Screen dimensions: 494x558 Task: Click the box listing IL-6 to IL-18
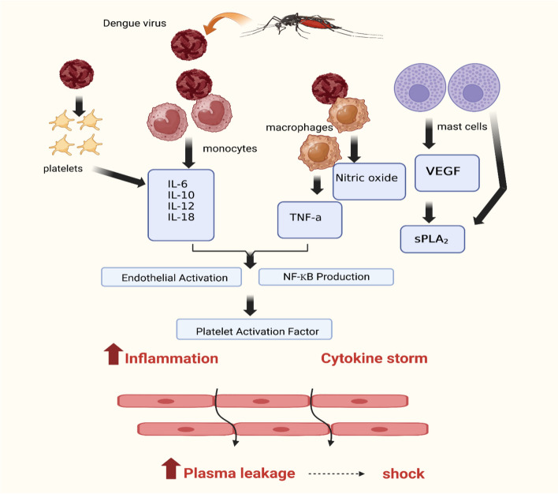(180, 205)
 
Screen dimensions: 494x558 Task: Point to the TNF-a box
(310, 219)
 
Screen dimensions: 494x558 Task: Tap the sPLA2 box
(433, 237)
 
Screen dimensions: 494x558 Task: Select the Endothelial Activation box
(176, 277)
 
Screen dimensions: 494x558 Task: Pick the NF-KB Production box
(325, 276)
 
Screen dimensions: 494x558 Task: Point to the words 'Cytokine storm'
(374, 358)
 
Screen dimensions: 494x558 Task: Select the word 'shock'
(404, 473)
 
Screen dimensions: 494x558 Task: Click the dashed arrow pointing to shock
(337, 474)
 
